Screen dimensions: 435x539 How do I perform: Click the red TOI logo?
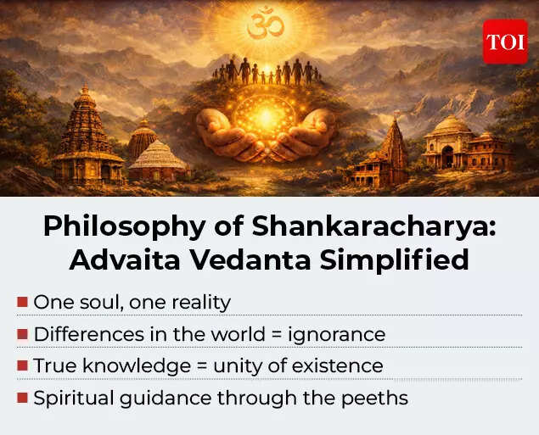505,41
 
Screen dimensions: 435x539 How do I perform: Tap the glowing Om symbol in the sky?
265,25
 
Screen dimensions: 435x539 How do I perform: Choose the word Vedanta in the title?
255,259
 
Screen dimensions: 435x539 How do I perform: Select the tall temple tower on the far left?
87,136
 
